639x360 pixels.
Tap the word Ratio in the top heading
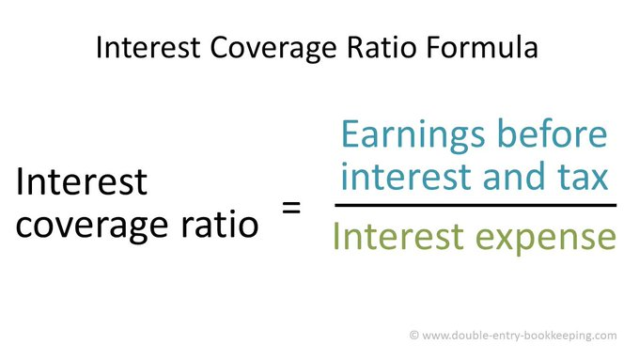coord(386,48)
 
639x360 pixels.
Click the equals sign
coord(292,206)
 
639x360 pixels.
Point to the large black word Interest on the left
coord(81,182)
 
